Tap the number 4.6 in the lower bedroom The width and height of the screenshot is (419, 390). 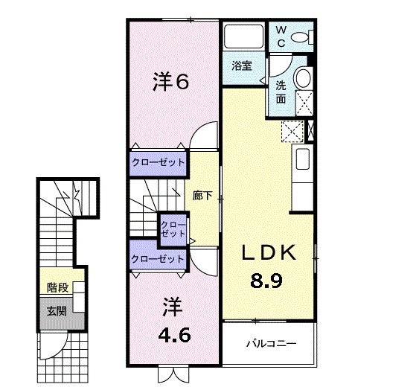[x=176, y=334]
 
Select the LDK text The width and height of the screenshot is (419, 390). [x=269, y=253]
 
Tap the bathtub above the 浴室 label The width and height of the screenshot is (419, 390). [x=242, y=36]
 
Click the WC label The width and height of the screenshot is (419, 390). [x=281, y=36]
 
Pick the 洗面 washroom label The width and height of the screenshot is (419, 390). [x=281, y=91]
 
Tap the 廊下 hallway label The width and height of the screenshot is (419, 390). [x=202, y=196]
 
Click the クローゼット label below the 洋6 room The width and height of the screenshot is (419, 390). [x=157, y=162]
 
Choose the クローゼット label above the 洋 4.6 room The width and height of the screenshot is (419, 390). [x=157, y=259]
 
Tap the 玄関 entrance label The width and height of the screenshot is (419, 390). [x=57, y=310]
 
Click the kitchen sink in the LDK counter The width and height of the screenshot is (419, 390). [x=303, y=160]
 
